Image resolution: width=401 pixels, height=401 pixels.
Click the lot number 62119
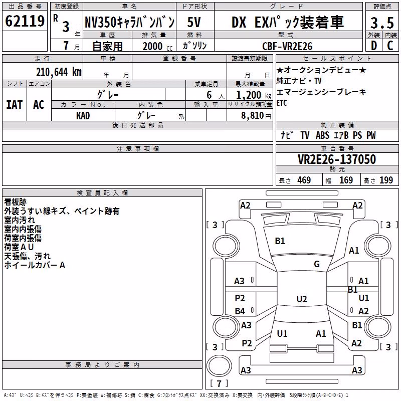25,21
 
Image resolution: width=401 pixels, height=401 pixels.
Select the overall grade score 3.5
382,23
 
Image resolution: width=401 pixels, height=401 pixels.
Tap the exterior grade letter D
374,46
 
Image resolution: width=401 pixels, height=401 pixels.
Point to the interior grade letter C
390,46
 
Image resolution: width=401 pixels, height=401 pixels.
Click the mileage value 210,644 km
59,72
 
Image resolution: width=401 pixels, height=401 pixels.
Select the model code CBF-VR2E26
287,46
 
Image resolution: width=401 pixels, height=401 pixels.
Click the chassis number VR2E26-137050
337,159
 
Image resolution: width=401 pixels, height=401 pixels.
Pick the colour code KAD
83,116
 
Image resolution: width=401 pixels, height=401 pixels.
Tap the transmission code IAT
15,105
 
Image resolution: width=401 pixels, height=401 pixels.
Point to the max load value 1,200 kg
254,95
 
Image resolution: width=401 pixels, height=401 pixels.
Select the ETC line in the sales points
282,103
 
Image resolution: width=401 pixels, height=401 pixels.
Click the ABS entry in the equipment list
322,135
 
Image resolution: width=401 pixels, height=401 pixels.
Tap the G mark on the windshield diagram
317,264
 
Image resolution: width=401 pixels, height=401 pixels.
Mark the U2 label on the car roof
302,299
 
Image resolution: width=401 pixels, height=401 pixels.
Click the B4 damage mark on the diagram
240,311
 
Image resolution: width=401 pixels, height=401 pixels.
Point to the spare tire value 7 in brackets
219,383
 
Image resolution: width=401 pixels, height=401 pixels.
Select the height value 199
386,180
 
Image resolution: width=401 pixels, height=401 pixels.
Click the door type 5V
194,22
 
